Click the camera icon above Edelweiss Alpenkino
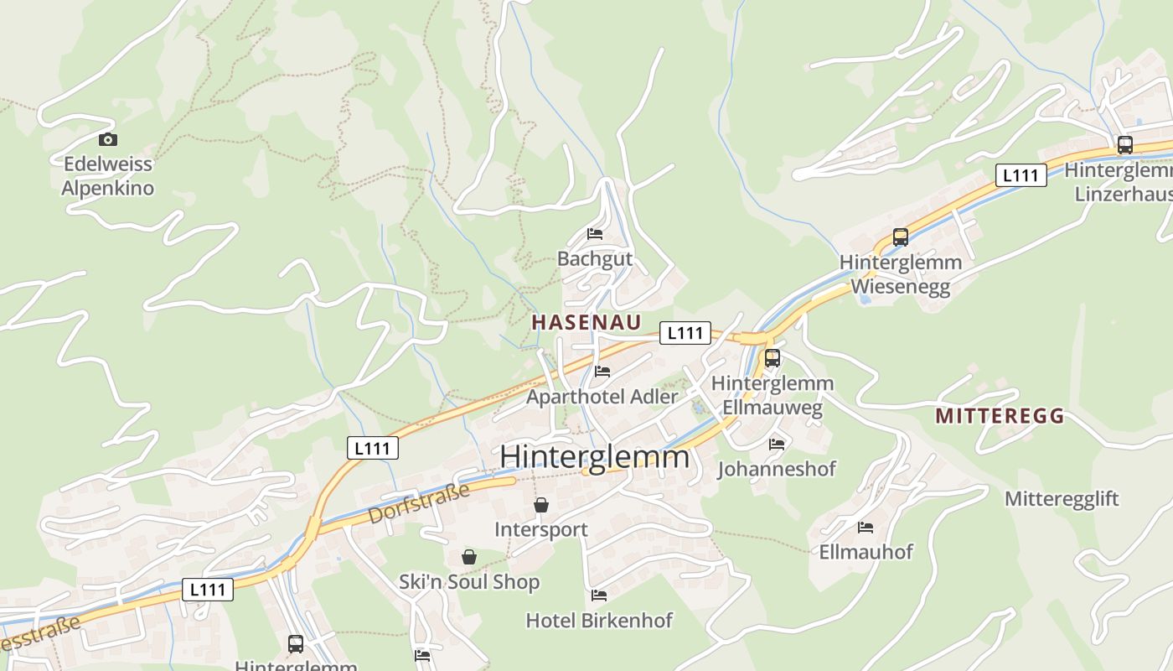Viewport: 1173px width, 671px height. [107, 140]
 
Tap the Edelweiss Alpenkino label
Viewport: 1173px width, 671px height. [108, 175]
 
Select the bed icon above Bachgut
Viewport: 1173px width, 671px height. [595, 234]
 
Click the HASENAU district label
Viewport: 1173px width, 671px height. [586, 322]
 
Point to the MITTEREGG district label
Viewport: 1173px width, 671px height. [1000, 415]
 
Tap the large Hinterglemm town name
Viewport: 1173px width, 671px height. [595, 457]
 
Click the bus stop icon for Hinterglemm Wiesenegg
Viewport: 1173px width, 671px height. [901, 237]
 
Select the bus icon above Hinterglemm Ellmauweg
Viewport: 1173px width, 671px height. [773, 358]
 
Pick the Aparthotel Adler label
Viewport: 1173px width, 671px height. [602, 396]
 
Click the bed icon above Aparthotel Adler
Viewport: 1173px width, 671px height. [602, 371]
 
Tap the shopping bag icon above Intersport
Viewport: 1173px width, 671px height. [541, 505]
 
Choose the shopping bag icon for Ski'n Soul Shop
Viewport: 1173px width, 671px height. [468, 557]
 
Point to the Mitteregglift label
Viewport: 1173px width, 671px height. [1062, 499]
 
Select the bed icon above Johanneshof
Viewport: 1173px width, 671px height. [777, 444]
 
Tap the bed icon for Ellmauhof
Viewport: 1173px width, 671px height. [866, 528]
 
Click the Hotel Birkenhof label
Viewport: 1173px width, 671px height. [599, 621]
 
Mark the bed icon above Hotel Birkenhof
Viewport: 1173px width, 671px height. [599, 596]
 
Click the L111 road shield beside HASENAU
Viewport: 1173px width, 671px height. [685, 333]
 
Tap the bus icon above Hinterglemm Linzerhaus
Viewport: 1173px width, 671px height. [1125, 144]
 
